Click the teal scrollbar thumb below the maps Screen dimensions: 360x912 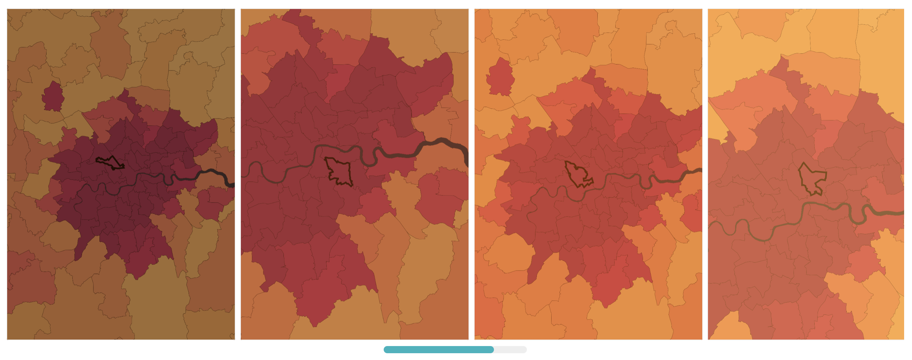438,350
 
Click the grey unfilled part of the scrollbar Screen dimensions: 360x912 510,350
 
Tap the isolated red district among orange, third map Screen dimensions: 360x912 500,77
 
